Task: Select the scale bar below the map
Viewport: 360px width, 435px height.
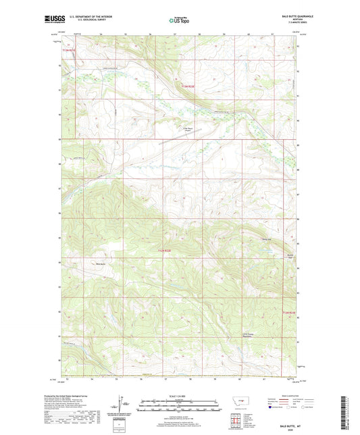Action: [180, 406]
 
